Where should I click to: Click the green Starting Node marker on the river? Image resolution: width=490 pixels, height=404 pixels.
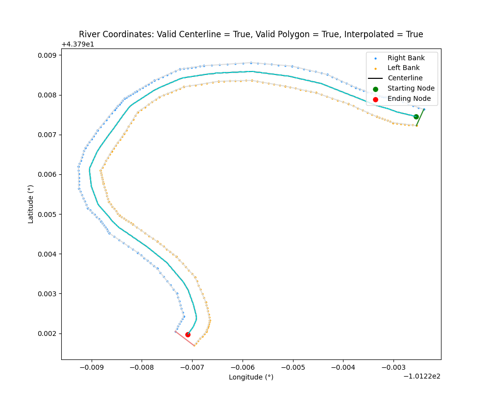416,117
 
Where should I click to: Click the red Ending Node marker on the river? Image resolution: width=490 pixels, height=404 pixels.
188,334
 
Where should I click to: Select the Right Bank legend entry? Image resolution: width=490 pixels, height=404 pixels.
406,58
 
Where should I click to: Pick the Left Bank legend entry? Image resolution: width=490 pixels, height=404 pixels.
403,68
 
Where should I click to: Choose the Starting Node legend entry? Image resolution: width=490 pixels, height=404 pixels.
411,89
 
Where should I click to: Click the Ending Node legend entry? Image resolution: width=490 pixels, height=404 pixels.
409,99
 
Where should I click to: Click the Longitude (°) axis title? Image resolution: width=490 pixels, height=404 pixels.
251,377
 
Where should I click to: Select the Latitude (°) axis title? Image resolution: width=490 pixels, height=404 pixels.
31,204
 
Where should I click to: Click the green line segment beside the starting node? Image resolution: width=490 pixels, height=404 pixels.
420,117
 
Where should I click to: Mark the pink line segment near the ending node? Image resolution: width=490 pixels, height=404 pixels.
185,339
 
